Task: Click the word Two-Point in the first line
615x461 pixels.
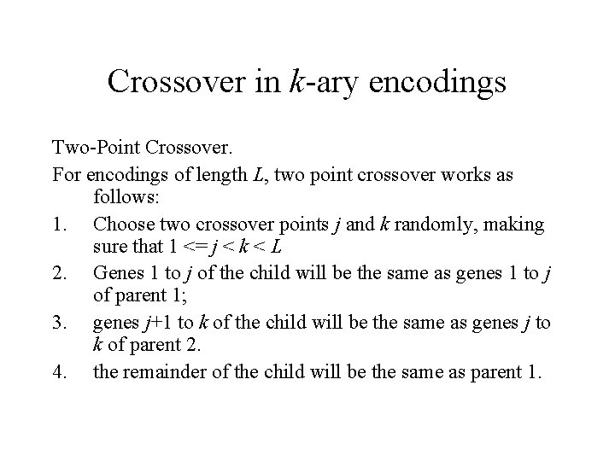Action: (x=95, y=150)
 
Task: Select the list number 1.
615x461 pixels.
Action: (x=58, y=224)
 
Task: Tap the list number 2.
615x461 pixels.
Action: (x=58, y=273)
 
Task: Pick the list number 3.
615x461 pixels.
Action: (x=58, y=323)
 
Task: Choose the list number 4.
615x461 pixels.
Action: (x=58, y=372)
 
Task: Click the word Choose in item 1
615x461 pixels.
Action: (x=120, y=224)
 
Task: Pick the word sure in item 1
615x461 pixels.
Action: (x=108, y=248)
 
